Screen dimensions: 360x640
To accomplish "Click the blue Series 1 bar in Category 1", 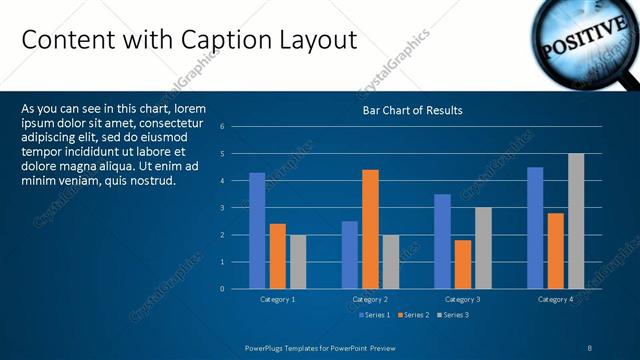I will pos(257,231).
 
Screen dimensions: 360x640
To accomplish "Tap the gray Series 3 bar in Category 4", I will pos(576,221).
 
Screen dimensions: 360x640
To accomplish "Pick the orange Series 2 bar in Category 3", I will pos(462,264).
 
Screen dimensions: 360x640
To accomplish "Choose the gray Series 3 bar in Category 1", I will pos(297,262).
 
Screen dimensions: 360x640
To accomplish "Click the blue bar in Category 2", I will pos(349,255).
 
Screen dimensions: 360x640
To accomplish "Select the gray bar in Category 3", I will pos(482,248).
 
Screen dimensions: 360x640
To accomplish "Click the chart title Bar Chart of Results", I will pos(412,110).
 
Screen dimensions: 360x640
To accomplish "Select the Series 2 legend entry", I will pos(412,315).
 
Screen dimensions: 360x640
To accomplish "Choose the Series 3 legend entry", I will pos(451,315).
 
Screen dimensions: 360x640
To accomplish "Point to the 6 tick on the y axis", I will pos(236,127).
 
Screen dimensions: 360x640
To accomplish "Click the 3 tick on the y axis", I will pos(236,208).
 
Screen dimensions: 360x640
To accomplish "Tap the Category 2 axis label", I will pos(370,299).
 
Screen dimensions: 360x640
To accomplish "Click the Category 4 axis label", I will pos(555,299).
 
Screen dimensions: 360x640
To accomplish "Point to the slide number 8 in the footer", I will pos(590,347).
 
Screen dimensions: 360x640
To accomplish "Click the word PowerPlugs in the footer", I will pos(267,347).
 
